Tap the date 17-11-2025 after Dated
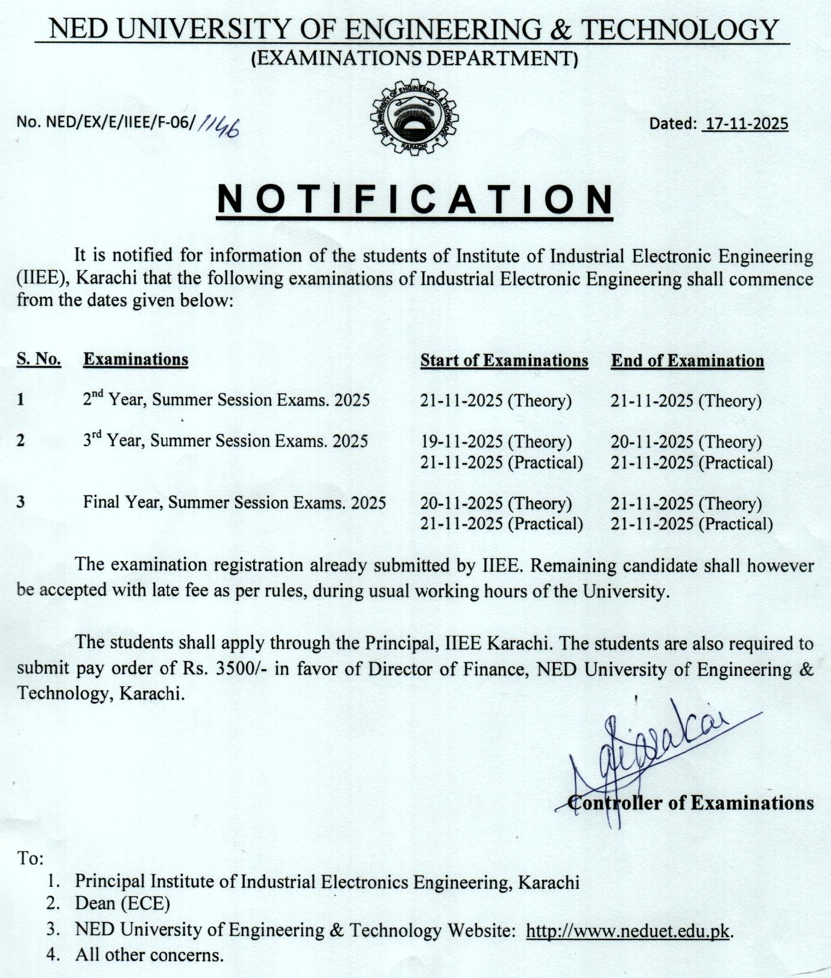(x=746, y=124)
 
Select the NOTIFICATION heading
(x=415, y=198)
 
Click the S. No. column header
(x=39, y=359)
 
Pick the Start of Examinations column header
(x=504, y=361)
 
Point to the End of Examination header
(x=687, y=361)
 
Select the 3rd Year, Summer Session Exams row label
(x=225, y=441)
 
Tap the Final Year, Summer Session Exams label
(x=235, y=502)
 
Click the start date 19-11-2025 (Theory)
(x=496, y=442)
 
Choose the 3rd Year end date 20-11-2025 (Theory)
(x=686, y=442)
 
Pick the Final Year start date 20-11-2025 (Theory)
(x=496, y=503)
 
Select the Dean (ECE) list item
(x=122, y=903)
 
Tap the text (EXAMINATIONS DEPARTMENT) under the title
(x=414, y=58)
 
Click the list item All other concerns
(x=149, y=955)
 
